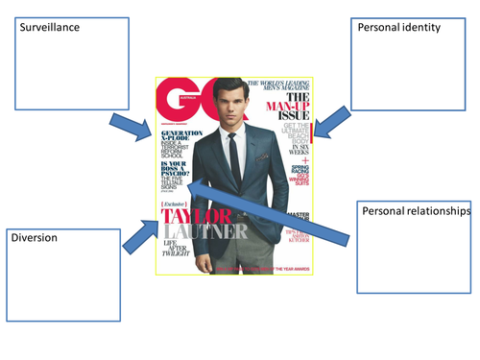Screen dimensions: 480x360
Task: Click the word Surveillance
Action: (45, 27)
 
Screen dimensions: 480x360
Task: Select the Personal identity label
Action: (398, 28)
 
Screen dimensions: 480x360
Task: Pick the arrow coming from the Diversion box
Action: (139, 234)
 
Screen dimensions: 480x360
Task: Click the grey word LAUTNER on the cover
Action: (197, 230)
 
